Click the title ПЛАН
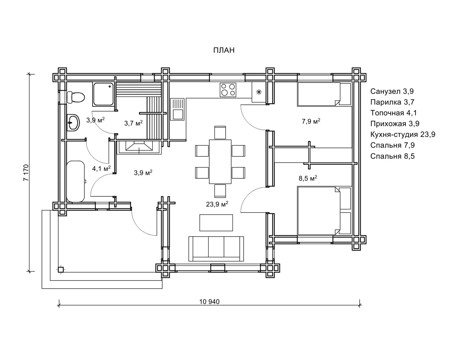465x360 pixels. click(x=224, y=50)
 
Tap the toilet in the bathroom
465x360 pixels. click(x=75, y=97)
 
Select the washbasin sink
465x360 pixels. click(x=73, y=122)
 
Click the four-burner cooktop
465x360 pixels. click(x=228, y=90)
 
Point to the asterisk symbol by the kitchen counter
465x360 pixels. click(x=259, y=92)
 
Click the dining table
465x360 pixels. click(x=220, y=162)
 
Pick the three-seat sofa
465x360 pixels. click(x=216, y=249)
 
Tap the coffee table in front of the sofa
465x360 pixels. click(x=216, y=223)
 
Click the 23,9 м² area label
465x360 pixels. click(x=217, y=204)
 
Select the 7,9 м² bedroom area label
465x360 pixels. click(x=311, y=121)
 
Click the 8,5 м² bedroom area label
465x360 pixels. click(x=308, y=178)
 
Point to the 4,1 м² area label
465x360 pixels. click(x=101, y=168)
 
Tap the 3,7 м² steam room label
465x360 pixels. click(x=133, y=123)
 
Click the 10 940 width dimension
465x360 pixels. click(x=209, y=301)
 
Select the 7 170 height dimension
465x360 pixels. click(x=26, y=172)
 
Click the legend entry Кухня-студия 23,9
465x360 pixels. click(x=403, y=135)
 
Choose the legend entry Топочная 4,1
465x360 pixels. click(x=393, y=113)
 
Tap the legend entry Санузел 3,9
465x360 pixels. click(x=392, y=91)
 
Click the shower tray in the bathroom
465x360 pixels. click(x=103, y=94)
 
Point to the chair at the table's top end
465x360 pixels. click(x=220, y=133)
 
